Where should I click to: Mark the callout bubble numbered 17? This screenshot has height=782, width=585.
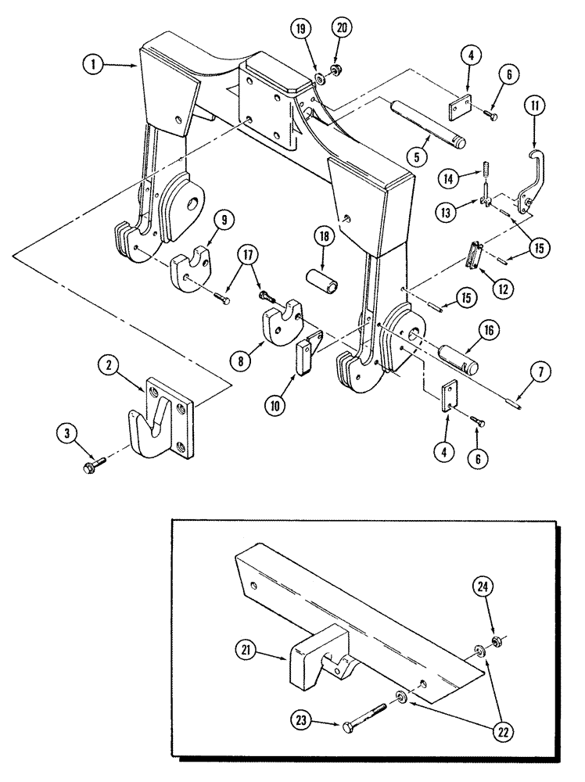(x=248, y=254)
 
